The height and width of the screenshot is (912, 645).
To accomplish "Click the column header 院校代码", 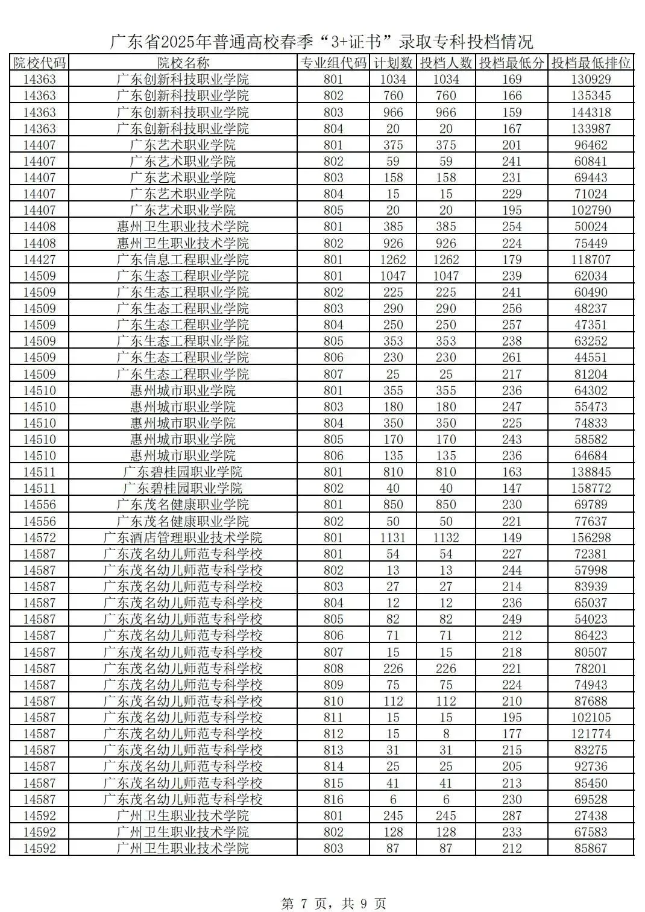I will (x=39, y=63).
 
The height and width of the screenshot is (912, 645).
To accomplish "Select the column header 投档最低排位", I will (x=591, y=63).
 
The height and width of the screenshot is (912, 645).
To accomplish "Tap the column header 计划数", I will (x=393, y=63).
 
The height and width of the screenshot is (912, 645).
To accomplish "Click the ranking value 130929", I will (x=591, y=79).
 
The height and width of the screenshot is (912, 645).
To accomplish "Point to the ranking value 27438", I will (x=591, y=815).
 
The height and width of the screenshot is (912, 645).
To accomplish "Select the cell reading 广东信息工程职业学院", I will (x=183, y=259).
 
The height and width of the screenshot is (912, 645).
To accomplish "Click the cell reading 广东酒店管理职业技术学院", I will (x=183, y=537).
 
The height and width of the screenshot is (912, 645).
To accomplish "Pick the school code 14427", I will (x=39, y=259).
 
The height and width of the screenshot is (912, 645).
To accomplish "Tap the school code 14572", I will (x=39, y=537).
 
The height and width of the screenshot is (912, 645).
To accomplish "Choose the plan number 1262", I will (x=393, y=259).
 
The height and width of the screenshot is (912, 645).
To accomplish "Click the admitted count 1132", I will (x=445, y=537).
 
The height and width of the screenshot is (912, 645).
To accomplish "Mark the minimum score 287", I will (x=512, y=815).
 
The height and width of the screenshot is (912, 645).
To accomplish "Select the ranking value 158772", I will (x=591, y=488).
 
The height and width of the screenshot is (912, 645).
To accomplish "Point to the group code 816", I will (x=333, y=799).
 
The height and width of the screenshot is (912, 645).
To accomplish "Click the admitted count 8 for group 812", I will (x=445, y=733).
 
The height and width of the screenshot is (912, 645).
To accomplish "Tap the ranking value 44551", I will (x=591, y=357).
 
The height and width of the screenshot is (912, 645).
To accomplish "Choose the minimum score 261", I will (x=512, y=357).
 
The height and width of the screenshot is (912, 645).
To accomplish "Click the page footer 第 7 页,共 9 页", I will (x=334, y=903).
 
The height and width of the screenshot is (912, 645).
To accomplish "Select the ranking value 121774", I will (x=591, y=733).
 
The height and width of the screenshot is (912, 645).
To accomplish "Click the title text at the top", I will (x=322, y=42).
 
